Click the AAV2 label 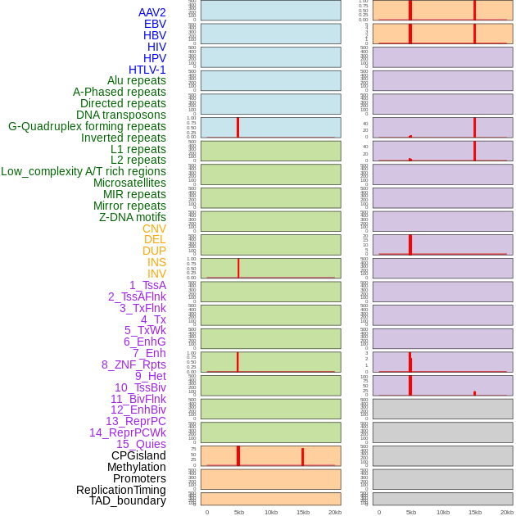pos(152,12)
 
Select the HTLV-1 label pos(147,70)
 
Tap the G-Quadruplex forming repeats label pos(87,126)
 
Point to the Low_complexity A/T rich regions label pos(84,171)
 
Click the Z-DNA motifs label pos(133,217)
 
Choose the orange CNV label pos(154,229)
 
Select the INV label pos(156,274)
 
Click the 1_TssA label pos(147,285)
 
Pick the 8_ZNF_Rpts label pos(134,364)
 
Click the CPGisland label pos(138,455)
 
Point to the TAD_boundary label pos(128,500)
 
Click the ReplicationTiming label pos(121,490)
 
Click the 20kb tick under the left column pos(334,512)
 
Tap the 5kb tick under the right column pos(410,512)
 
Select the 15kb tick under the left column pos(302,512)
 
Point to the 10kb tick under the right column pos(442,512)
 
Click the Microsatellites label pos(129,183)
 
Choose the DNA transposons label pos(121,115)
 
